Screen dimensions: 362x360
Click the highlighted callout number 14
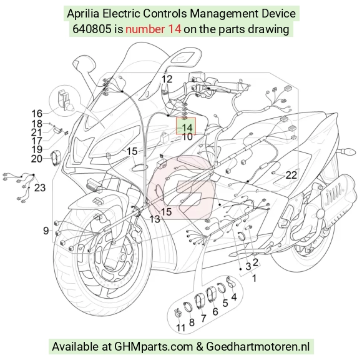[x=187, y=127]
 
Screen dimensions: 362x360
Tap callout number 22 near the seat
[x=291, y=175]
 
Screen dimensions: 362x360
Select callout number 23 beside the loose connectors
[x=40, y=187]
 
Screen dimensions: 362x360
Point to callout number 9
[x=46, y=231]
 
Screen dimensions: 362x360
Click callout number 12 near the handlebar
[x=167, y=79]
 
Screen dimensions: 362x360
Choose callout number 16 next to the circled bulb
[x=37, y=114]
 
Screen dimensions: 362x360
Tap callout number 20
[x=37, y=159]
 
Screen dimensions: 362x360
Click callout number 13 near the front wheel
[x=155, y=219]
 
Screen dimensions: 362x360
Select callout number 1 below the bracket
[x=254, y=278]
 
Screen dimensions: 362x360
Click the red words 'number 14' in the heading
[x=153, y=29]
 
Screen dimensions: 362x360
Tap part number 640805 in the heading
[x=92, y=29]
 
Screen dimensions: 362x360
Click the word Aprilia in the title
[x=83, y=14]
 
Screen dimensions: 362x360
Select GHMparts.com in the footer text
[x=154, y=347]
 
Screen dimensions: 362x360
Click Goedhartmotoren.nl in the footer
[x=258, y=347]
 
